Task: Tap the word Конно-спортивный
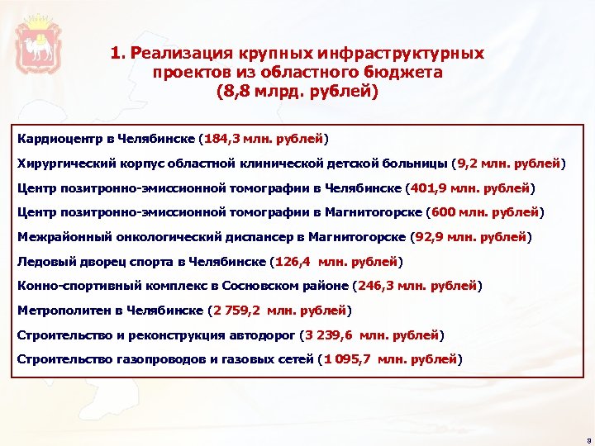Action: (70, 287)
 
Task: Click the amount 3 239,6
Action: (331, 335)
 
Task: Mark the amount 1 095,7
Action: (346, 359)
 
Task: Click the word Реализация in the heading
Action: (182, 53)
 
